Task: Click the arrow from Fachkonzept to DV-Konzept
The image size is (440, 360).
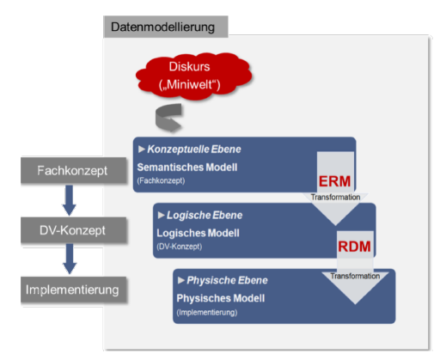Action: click(70, 199)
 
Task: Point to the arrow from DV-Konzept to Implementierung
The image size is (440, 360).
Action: click(70, 259)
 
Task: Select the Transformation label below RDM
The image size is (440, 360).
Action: click(354, 275)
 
